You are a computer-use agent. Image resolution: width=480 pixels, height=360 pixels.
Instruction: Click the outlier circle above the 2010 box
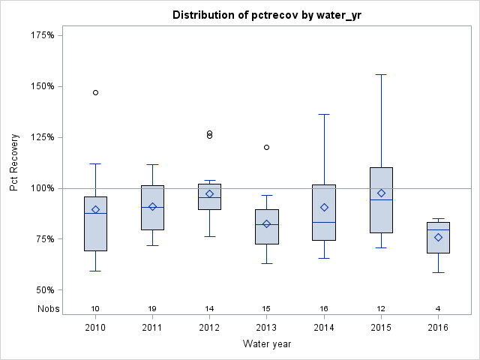click(95, 92)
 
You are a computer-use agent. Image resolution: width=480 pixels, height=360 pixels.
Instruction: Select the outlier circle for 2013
click(267, 147)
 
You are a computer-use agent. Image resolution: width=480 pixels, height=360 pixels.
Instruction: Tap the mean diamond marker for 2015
click(381, 193)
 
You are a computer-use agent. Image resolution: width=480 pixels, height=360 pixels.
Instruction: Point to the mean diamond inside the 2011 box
click(152, 206)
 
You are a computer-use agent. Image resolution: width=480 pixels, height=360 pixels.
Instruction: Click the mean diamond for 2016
click(439, 237)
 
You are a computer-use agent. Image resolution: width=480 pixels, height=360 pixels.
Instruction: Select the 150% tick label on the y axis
click(41, 86)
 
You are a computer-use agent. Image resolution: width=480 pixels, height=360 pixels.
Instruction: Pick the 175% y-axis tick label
click(41, 35)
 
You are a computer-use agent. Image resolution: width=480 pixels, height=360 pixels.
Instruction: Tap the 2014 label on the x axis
click(324, 327)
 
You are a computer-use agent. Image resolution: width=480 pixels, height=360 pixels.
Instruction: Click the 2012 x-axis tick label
click(209, 327)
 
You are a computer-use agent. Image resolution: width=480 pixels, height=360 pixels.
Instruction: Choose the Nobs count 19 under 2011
click(152, 309)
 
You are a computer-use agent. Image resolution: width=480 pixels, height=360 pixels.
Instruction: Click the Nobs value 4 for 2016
click(439, 309)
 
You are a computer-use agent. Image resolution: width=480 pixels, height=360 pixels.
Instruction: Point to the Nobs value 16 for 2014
click(324, 309)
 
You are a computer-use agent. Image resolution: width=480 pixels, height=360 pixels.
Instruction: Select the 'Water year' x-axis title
click(267, 344)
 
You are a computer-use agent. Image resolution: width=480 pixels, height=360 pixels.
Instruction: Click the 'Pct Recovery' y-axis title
click(15, 163)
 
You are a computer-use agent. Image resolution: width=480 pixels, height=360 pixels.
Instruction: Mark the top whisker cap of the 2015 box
click(381, 74)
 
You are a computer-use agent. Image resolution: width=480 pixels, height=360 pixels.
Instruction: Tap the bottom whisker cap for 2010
click(95, 271)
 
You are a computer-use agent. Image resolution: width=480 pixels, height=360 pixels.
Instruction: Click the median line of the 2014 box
click(324, 222)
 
